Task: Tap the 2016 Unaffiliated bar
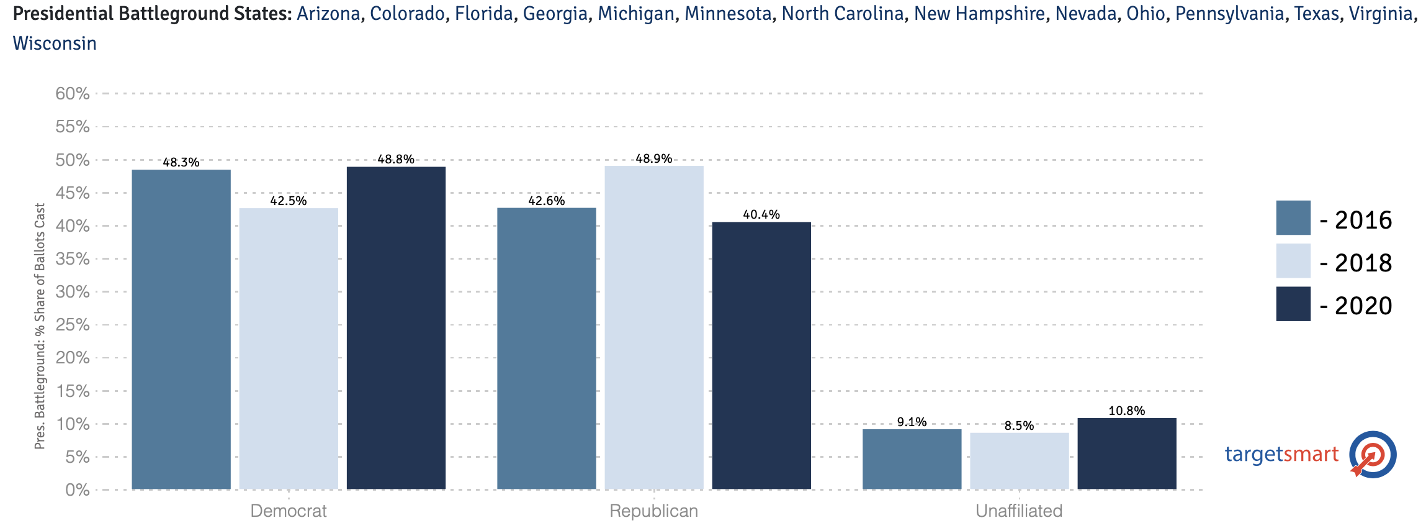pyautogui.click(x=912, y=459)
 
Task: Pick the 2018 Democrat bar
pyautogui.click(x=289, y=348)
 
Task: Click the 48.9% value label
pyautogui.click(x=654, y=158)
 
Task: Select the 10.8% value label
pyautogui.click(x=1126, y=411)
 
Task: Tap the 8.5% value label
pyautogui.click(x=1019, y=426)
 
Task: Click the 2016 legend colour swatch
pyautogui.click(x=1293, y=217)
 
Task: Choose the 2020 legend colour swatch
pyautogui.click(x=1293, y=304)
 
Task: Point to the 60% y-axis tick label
pyautogui.click(x=73, y=94)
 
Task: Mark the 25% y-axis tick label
pyautogui.click(x=73, y=325)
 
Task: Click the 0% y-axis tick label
pyautogui.click(x=78, y=490)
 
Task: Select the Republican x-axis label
pyautogui.click(x=653, y=511)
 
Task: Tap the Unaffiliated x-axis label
pyautogui.click(x=1019, y=511)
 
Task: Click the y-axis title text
pyautogui.click(x=40, y=326)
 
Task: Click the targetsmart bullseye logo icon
pyautogui.click(x=1373, y=455)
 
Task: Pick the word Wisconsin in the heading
pyautogui.click(x=55, y=43)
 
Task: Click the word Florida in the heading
pyautogui.click(x=483, y=13)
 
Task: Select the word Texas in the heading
pyautogui.click(x=1316, y=13)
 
